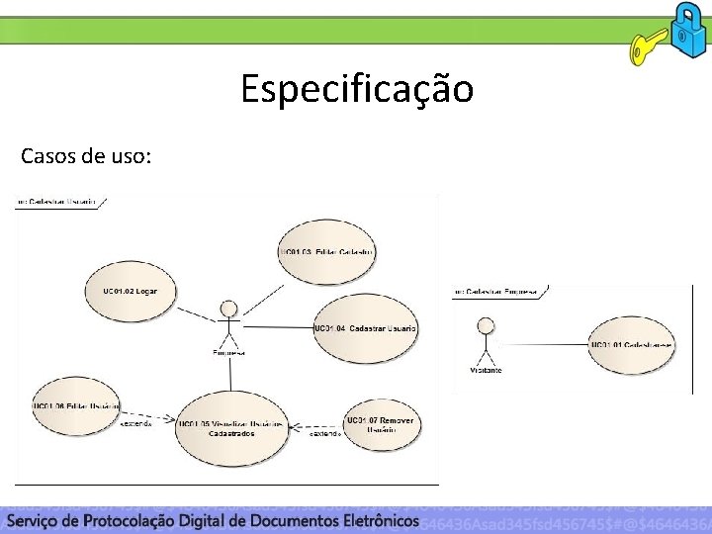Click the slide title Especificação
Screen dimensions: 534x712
(x=357, y=90)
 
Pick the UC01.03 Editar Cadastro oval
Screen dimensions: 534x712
(x=327, y=253)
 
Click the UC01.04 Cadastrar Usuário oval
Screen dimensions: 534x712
(x=364, y=328)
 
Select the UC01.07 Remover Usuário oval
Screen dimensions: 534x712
(x=381, y=425)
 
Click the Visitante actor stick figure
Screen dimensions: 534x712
(x=485, y=339)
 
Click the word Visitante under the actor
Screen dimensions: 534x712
(x=486, y=370)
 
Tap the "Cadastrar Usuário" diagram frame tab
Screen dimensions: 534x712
(x=59, y=201)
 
